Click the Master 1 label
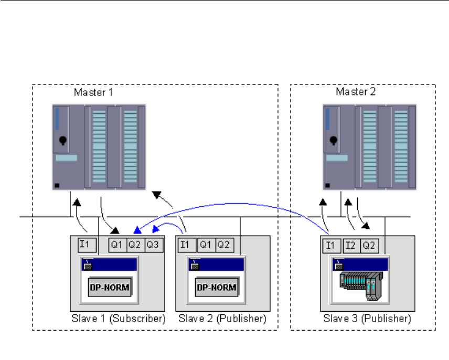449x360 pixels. (93, 93)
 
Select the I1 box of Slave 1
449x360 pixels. (85, 243)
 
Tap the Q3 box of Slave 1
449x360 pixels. (153, 244)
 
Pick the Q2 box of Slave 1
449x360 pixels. (135, 244)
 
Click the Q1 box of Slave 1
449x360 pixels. (117, 244)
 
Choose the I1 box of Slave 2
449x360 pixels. (187, 244)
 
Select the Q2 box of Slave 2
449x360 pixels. (223, 244)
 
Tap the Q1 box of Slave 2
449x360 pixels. (206, 244)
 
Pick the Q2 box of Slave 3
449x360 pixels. (369, 244)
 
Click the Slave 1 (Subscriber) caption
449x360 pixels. (117, 319)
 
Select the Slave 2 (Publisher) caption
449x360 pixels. (222, 319)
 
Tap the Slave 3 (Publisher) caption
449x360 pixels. (367, 319)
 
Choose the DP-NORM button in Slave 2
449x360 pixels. (216, 287)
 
